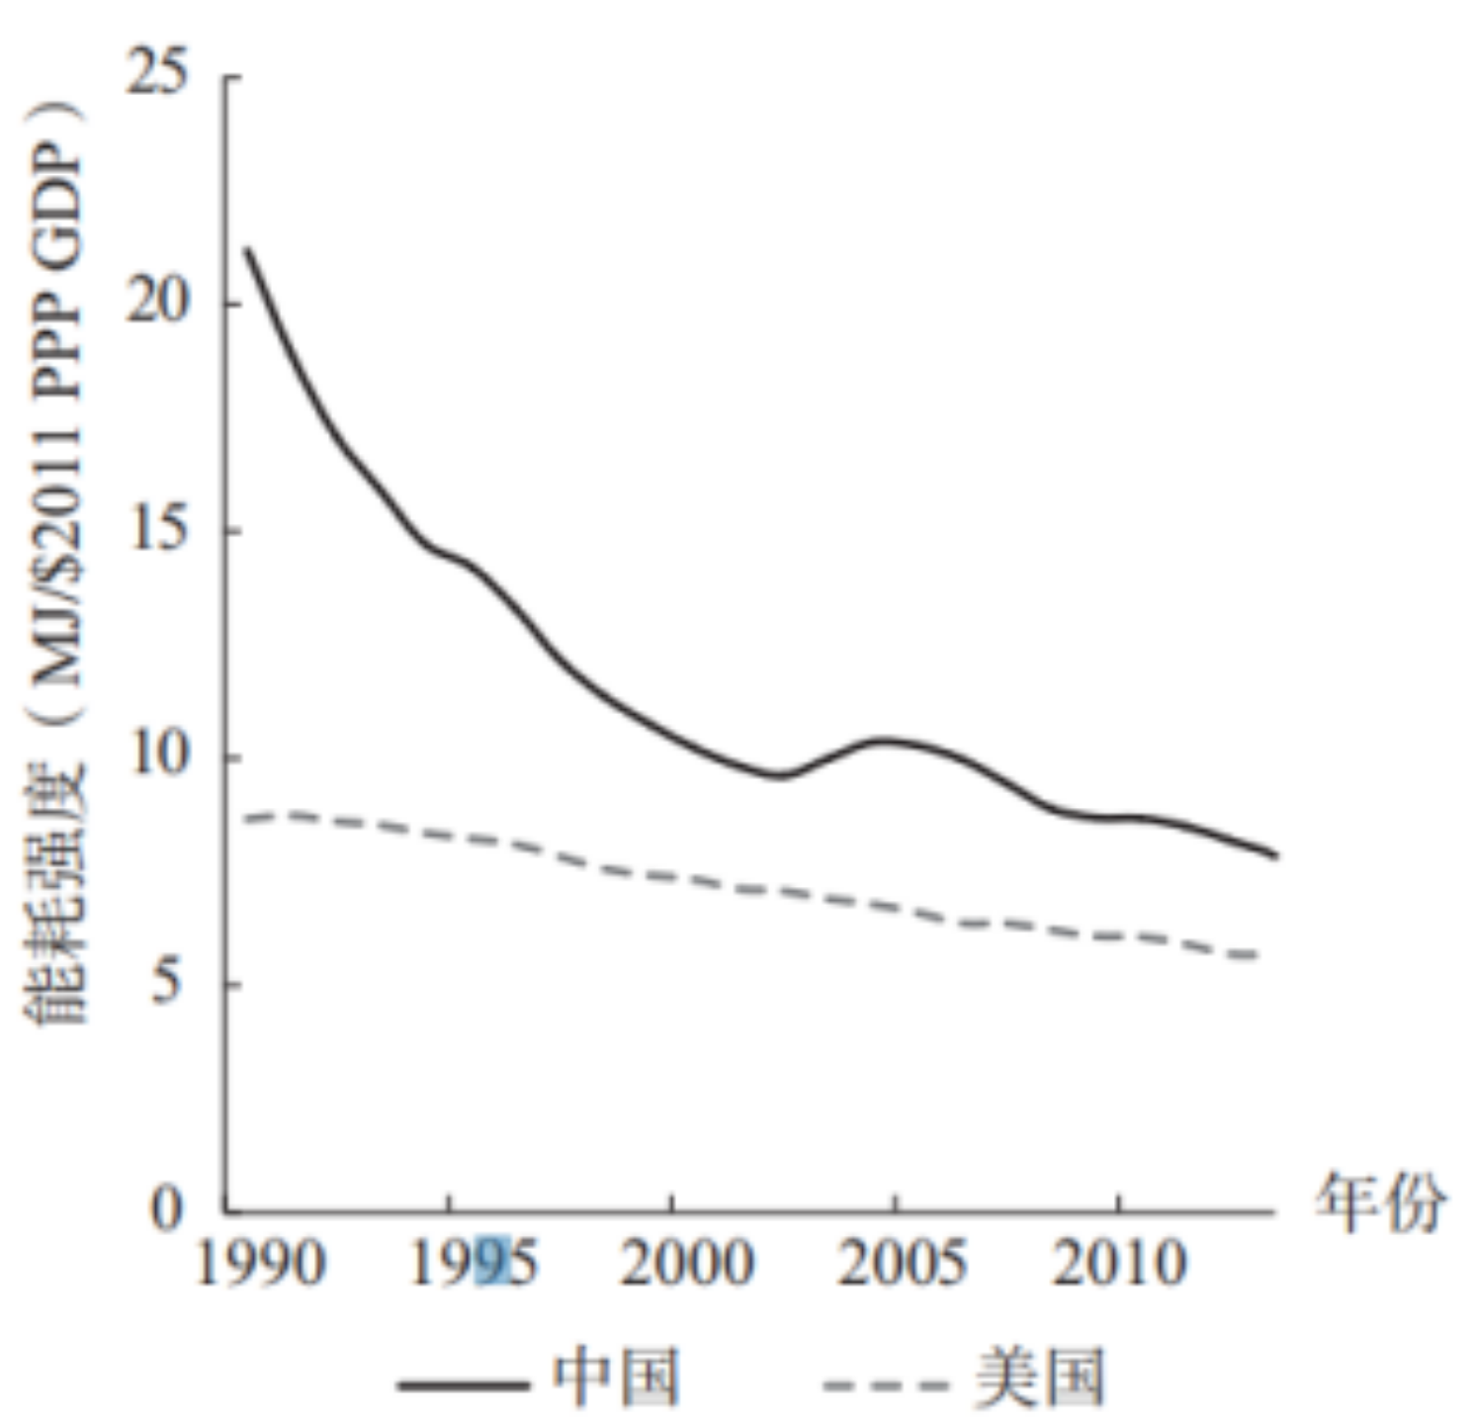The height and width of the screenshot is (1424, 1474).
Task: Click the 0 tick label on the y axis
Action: point(168,1207)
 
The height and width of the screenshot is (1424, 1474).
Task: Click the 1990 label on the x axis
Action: point(261,1263)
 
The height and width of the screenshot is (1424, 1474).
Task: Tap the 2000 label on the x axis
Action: point(687,1263)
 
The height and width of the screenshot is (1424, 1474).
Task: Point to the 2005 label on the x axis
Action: point(903,1263)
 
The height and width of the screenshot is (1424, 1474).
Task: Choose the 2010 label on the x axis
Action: point(1118,1263)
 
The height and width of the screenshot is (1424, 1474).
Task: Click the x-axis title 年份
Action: point(1379,1202)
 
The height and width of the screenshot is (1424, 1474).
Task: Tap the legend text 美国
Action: point(1039,1378)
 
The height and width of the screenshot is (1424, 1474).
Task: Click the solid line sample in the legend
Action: point(463,1383)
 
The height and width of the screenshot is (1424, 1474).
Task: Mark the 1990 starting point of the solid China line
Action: point(247,249)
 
